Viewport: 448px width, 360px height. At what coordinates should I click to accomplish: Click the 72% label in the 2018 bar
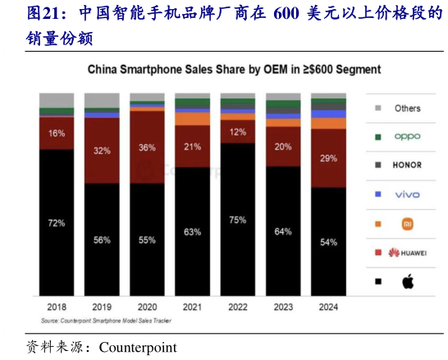coord(57,222)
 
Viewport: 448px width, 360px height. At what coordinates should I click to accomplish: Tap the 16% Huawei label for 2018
coord(57,133)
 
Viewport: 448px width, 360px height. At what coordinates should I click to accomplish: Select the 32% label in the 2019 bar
coord(102,151)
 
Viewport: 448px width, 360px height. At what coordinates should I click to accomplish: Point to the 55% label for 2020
coord(147,239)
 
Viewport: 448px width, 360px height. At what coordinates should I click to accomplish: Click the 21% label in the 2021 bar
coord(193,147)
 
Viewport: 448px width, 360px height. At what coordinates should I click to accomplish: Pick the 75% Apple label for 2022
coord(238,219)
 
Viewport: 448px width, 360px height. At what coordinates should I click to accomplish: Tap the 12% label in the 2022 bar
coord(238,132)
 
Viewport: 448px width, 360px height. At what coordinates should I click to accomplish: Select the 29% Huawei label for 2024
coord(328,157)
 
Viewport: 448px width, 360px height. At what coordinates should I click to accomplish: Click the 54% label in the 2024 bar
coord(328,242)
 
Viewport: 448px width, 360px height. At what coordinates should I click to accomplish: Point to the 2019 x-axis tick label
coord(102,306)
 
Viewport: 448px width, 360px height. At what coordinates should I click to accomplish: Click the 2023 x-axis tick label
coord(283,306)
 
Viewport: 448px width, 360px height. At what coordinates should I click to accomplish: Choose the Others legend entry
coord(407,108)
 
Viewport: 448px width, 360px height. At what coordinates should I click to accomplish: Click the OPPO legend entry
coord(407,137)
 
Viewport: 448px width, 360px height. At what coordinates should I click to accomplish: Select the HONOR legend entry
coord(407,165)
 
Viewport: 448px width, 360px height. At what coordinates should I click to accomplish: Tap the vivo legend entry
coord(407,194)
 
